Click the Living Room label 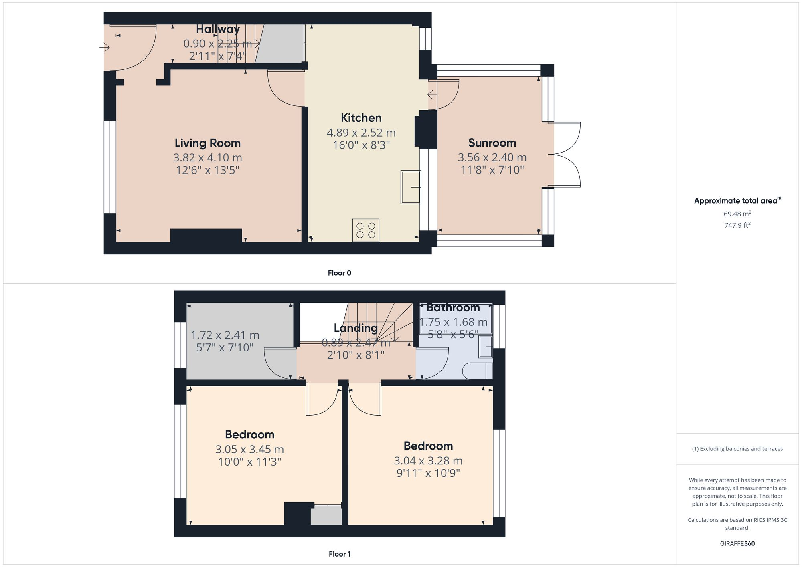(207, 143)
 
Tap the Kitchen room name (361, 118)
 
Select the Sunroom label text (492, 143)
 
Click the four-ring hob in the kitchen (366, 230)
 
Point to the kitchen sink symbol (411, 187)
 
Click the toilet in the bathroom (477, 371)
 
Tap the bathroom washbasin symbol (486, 347)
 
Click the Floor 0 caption (339, 273)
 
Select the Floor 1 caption (339, 554)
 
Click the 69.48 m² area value (737, 214)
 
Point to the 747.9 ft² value (737, 225)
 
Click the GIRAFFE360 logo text (737, 544)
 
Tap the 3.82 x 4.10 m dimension (207, 157)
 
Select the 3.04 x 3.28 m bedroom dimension (428, 461)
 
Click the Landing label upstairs (356, 328)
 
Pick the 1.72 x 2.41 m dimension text (225, 335)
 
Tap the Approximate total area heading (737, 201)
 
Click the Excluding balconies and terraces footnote (737, 449)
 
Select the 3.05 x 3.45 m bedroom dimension (249, 449)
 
